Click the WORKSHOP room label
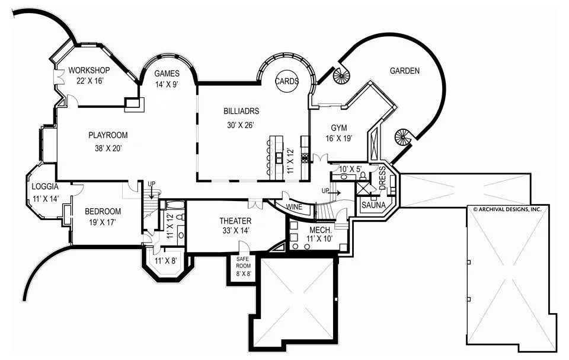[x=89, y=70]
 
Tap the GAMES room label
[x=167, y=73]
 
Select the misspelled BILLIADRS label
[x=241, y=110]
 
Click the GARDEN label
[x=404, y=71]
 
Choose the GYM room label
[x=338, y=128]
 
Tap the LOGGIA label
[x=45, y=186]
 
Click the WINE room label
[x=294, y=207]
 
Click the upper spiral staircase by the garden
[x=342, y=75]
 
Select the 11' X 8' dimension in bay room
[x=167, y=261]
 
